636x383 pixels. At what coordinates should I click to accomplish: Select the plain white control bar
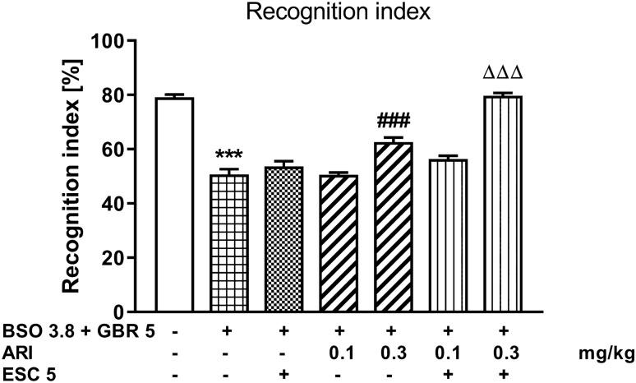pyautogui.click(x=174, y=205)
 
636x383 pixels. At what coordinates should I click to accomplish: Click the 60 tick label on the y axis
pyautogui.click(x=114, y=150)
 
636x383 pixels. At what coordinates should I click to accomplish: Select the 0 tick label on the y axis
pyautogui.click(x=120, y=312)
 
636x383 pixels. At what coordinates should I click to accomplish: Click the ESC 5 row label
pyautogui.click(x=24, y=372)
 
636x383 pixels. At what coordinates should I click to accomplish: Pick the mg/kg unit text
pyautogui.click(x=601, y=354)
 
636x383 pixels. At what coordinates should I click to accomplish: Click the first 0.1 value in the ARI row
pyautogui.click(x=339, y=354)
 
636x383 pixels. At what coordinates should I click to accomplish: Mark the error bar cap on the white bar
pyautogui.click(x=174, y=95)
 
